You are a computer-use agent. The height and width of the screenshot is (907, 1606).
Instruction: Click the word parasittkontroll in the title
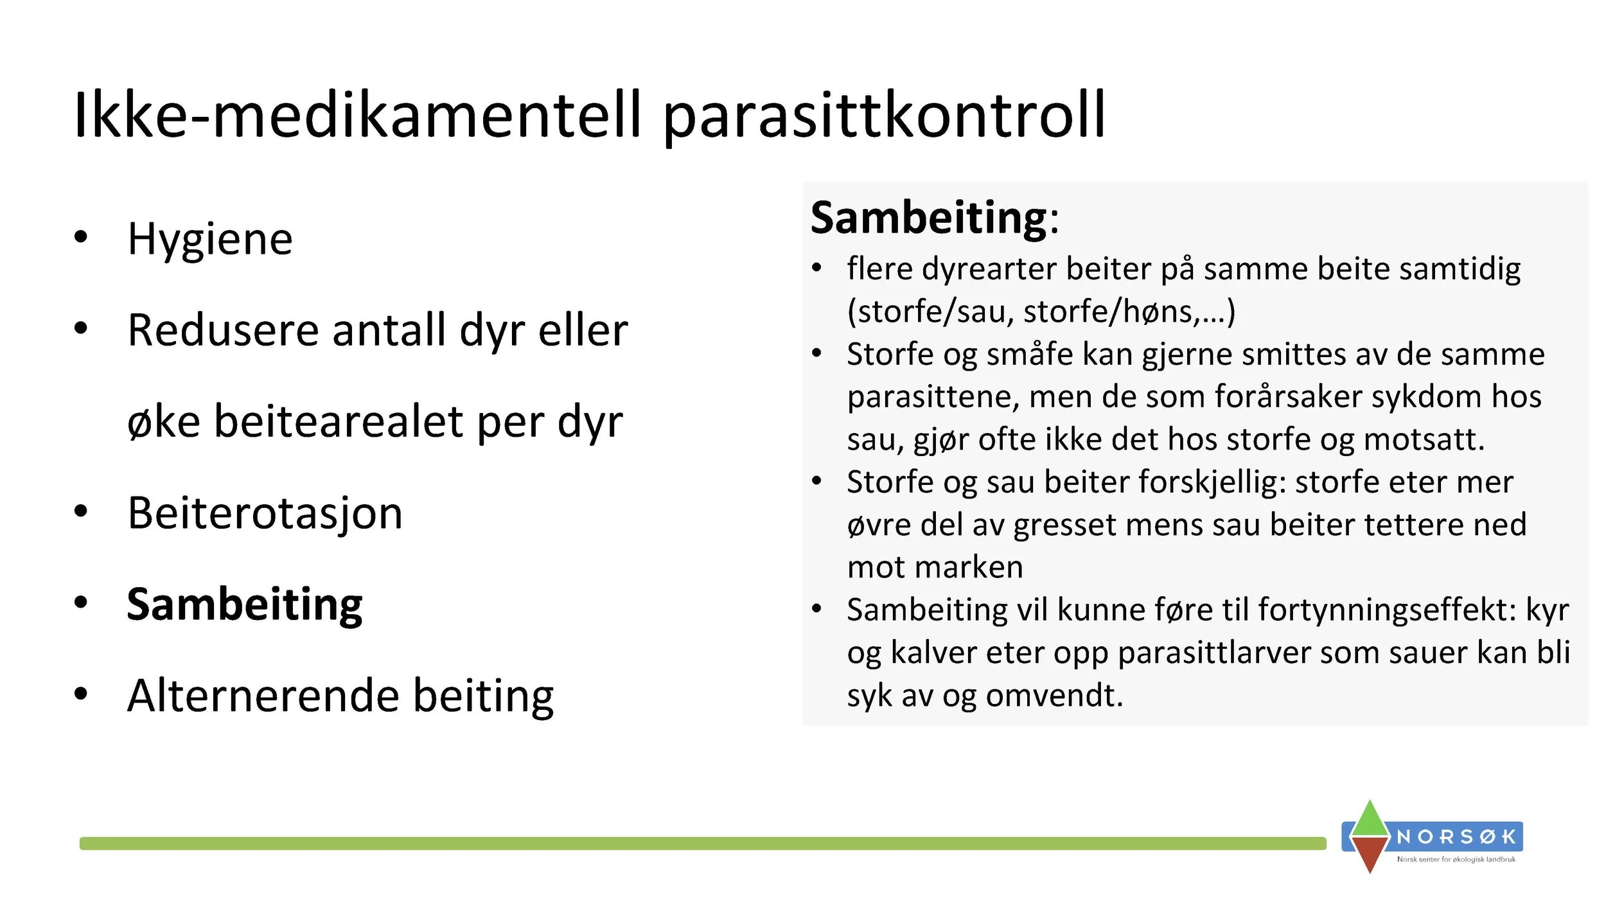click(x=883, y=116)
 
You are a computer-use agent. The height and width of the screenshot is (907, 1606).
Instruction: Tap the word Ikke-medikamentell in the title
click(x=357, y=116)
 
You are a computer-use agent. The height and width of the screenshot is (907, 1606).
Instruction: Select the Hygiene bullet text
click(x=210, y=240)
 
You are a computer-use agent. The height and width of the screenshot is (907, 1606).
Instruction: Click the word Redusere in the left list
click(x=223, y=331)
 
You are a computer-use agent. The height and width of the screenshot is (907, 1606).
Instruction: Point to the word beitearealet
click(x=339, y=422)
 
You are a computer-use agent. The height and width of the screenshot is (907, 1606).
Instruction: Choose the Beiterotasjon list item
click(x=265, y=514)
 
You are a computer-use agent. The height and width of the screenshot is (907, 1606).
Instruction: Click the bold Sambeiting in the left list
click(x=245, y=605)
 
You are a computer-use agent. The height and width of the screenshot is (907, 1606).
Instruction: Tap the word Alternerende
click(x=262, y=696)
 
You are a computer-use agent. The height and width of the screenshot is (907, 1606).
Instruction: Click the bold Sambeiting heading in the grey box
click(x=929, y=218)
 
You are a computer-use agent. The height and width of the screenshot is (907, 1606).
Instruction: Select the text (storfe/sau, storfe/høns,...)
click(x=1041, y=312)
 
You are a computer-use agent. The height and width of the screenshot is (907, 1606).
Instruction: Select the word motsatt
click(x=1424, y=440)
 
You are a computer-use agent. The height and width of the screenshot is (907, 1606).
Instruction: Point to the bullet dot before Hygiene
click(x=80, y=237)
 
